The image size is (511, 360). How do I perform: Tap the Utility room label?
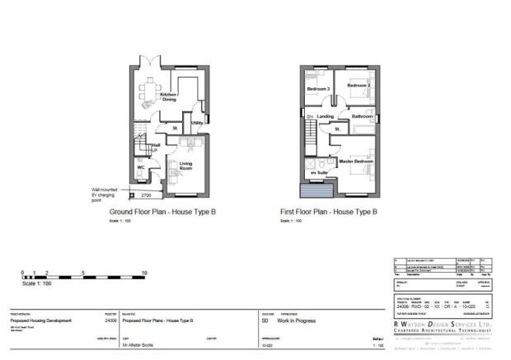tap(197, 123)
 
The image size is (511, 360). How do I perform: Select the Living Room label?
tap(186, 167)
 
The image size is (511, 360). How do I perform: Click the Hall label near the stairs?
tap(154, 145)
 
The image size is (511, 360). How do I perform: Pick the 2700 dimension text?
tap(145, 195)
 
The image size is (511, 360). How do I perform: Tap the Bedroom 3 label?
tap(318, 88)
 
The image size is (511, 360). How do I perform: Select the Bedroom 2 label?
tap(358, 85)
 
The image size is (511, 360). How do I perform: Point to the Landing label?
tap(326, 117)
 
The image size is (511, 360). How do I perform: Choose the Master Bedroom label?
tap(356, 161)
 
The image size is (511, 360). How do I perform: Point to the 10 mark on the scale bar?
tap(144, 273)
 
